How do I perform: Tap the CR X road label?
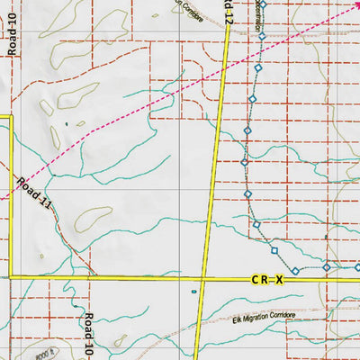[x=267, y=281]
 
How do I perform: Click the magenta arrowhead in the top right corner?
[x=355, y=4]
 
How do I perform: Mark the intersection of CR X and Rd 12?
[x=203, y=279]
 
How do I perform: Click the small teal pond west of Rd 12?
[x=193, y=291]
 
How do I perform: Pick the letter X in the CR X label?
[x=279, y=281]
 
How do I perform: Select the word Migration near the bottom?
[x=261, y=316]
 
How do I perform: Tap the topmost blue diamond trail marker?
[x=264, y=4]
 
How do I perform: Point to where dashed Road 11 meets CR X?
[x=94, y=278]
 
